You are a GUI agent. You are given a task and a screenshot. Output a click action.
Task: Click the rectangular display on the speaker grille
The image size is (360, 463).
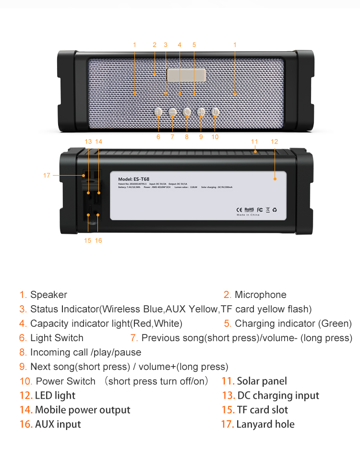pyautogui.click(x=186, y=75)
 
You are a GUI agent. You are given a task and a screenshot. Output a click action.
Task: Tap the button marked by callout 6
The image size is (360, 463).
pyautogui.click(x=158, y=112)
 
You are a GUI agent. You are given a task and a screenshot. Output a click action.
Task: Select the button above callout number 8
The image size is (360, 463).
pyautogui.click(x=187, y=112)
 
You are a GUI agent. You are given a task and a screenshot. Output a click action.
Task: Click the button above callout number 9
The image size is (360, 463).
pyautogui.click(x=201, y=112)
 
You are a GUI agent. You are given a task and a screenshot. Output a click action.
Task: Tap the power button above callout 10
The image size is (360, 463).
pyautogui.click(x=215, y=112)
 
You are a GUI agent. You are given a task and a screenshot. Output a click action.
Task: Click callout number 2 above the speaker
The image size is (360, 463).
pyautogui.click(x=155, y=45)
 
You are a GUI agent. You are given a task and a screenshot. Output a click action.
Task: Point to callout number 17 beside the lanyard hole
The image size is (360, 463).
pyautogui.click(x=47, y=176)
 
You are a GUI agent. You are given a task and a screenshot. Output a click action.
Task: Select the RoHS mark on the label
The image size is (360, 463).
pyautogui.click(x=249, y=210)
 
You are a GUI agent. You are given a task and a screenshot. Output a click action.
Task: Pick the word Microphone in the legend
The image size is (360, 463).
pyautogui.click(x=260, y=295)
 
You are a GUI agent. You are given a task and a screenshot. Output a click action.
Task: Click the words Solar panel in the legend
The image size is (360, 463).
pyautogui.click(x=262, y=381)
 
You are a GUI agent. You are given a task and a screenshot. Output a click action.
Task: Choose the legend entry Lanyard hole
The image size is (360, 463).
pyautogui.click(x=265, y=425)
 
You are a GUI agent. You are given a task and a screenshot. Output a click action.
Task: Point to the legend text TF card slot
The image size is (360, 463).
pyautogui.click(x=263, y=410)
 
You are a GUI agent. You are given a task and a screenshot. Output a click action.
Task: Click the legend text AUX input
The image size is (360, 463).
pyautogui.click(x=58, y=425)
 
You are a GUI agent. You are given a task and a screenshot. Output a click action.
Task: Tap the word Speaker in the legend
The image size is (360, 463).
pyautogui.click(x=48, y=295)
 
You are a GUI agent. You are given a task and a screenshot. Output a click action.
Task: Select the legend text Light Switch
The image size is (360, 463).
pyautogui.click(x=57, y=338)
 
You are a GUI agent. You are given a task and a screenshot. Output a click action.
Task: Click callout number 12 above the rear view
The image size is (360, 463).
pyautogui.click(x=274, y=142)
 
